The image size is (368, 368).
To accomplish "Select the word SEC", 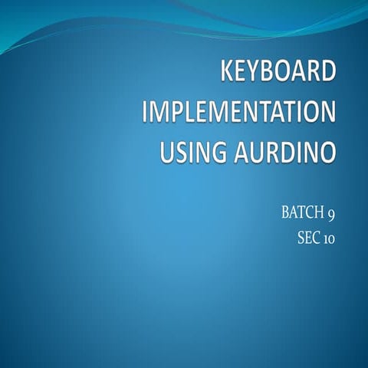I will [x=308, y=238].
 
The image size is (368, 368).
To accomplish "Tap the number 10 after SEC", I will [x=328, y=238].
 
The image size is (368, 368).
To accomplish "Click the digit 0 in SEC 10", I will [x=331, y=238].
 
